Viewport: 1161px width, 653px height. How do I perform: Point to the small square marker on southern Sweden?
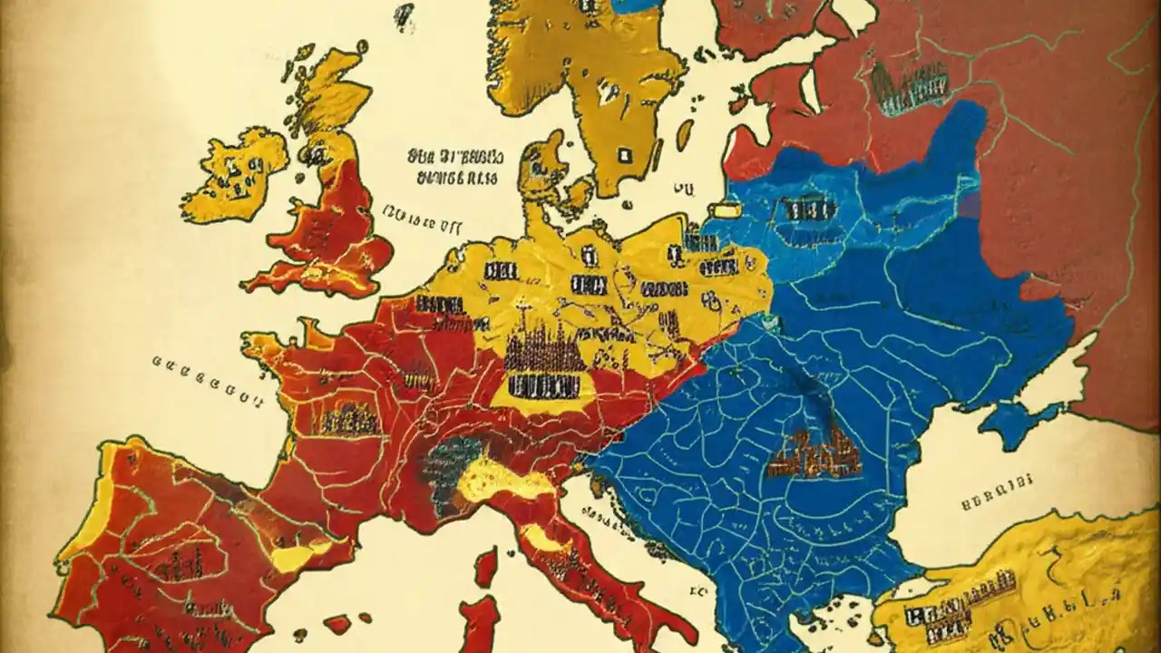pos(625,155)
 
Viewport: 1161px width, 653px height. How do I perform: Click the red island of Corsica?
pos(486,568)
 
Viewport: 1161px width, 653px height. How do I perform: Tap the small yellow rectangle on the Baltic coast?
pos(726,210)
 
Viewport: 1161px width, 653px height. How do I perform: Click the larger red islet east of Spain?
pos(338,624)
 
